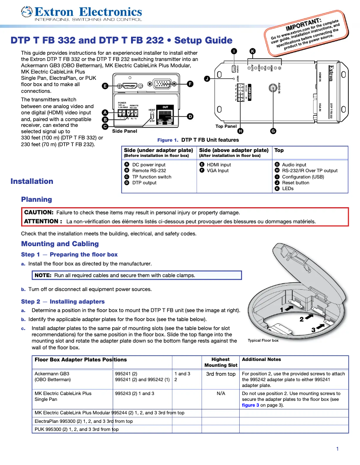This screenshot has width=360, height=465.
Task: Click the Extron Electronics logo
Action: coord(82,13)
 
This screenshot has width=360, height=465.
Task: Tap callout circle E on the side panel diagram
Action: coord(105,86)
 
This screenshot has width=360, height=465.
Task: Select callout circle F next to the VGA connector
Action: coord(190,84)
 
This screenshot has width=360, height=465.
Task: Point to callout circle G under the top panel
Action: coord(273,131)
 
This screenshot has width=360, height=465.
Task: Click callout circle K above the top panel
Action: coord(252,51)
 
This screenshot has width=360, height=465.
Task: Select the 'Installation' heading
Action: coord(32,181)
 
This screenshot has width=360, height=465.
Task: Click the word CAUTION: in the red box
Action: coord(39,213)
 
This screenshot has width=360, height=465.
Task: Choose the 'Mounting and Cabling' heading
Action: coord(60,244)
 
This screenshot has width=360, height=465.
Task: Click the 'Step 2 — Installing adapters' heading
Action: coord(63,301)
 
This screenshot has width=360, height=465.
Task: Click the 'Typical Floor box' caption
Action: coord(263,340)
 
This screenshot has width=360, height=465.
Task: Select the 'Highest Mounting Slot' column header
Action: coord(220,362)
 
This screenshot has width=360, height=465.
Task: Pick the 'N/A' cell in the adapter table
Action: coord(220,393)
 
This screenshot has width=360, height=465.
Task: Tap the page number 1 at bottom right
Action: coord(337,449)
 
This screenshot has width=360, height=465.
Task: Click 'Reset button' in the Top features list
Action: coord(295,183)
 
